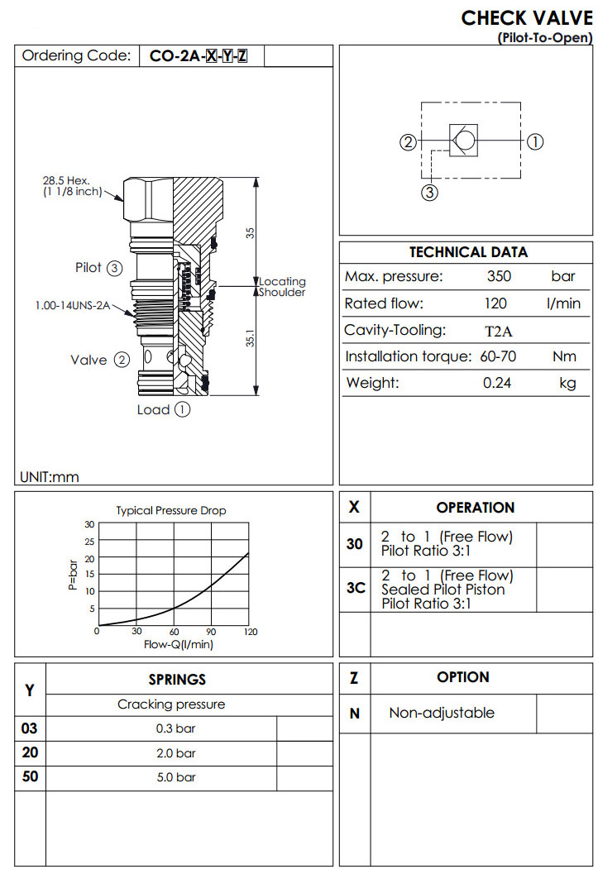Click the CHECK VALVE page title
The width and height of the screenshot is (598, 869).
coord(526,18)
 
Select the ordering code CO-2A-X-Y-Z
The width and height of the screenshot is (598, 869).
coord(198,56)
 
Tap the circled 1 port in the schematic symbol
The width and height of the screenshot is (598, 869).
coord(535,141)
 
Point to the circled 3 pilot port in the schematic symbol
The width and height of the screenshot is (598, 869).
coord(429,193)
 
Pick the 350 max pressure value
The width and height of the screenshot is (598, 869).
coord(499,277)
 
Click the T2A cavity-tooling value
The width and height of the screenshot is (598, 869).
coord(498,332)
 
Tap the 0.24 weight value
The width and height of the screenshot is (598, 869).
coord(497,383)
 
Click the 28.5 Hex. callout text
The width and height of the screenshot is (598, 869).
coord(67,180)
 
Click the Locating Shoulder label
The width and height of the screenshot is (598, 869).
coord(282,287)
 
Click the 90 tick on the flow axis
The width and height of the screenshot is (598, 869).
coord(211,633)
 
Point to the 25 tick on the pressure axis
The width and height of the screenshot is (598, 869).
coord(89,542)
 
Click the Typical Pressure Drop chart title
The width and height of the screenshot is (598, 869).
coord(170,510)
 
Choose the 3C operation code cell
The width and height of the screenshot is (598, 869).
coord(355,589)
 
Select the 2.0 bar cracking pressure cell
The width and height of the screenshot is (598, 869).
coord(175,753)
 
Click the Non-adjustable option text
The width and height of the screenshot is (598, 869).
coord(442,713)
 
